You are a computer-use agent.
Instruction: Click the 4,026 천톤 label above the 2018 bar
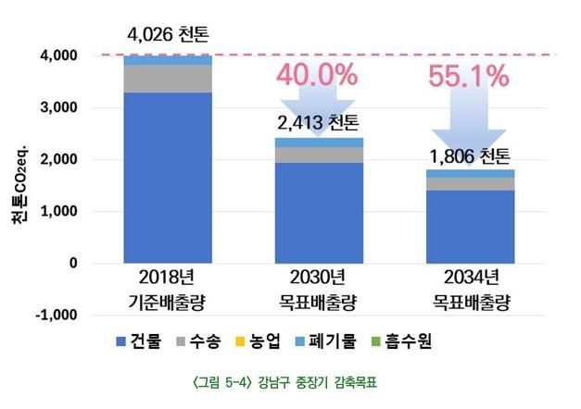tap(168, 37)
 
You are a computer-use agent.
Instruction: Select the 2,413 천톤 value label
tap(318, 122)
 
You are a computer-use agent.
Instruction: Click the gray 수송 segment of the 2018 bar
tap(168, 80)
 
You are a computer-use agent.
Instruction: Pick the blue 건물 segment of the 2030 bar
tap(318, 213)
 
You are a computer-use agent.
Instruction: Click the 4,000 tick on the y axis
tap(61, 56)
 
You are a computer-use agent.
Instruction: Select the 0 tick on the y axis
tap(74, 263)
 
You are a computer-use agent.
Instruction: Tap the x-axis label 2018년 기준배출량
tap(168, 290)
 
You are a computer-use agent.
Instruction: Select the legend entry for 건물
tap(137, 342)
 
